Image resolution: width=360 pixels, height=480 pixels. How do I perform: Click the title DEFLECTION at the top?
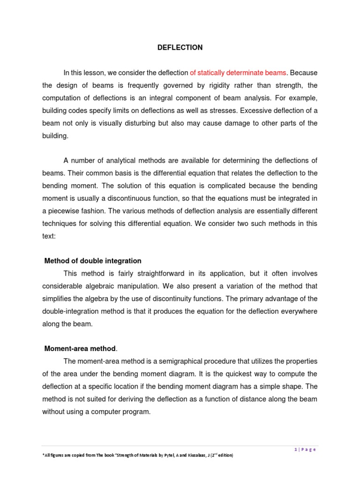point(180,47)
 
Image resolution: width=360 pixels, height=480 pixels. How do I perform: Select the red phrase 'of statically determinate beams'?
point(238,73)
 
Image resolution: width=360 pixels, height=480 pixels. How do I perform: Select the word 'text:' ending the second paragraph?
point(49,236)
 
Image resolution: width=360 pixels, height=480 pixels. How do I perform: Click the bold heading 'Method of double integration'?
point(93,261)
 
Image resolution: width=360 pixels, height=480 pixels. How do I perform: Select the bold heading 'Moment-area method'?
point(80,349)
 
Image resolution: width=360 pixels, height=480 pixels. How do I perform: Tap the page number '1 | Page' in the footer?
point(305,450)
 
